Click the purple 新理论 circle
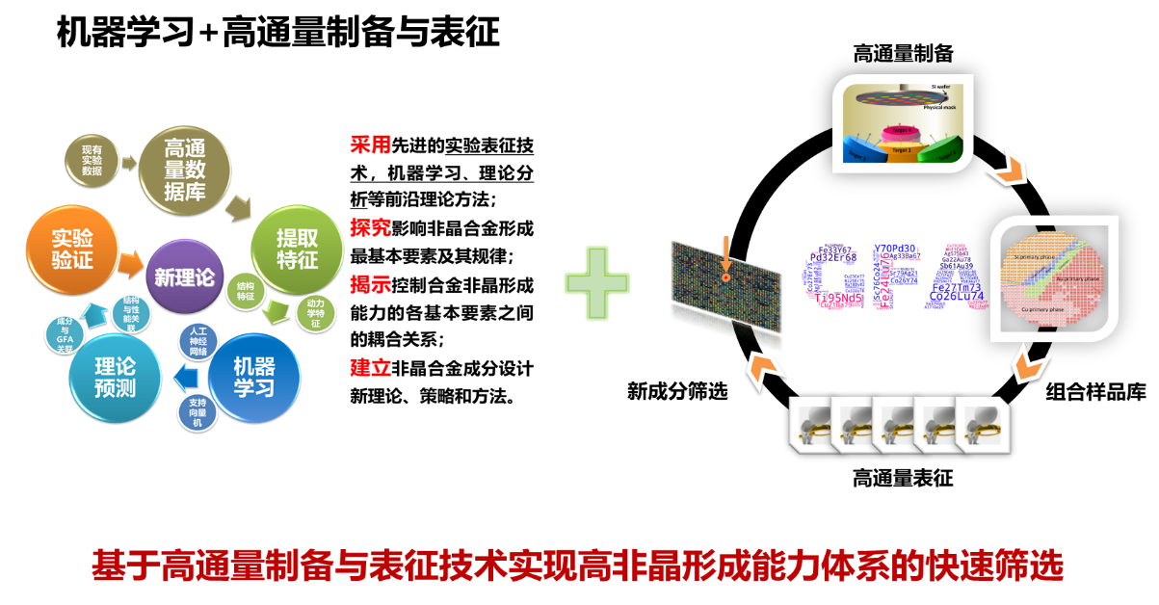184,276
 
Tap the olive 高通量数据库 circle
185,168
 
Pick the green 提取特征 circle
297,249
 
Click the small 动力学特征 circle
316,312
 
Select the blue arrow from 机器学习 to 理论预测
183,378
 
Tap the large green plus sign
597,282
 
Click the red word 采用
371,145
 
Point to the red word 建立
371,367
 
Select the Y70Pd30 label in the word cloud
894,249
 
